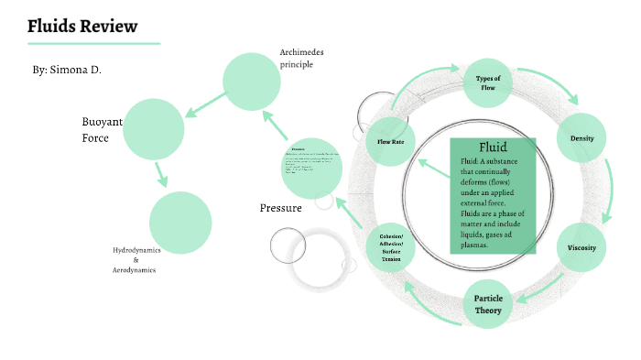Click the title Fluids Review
(82, 26)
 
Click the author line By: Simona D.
(67, 69)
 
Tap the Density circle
(582, 138)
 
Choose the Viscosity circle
(581, 247)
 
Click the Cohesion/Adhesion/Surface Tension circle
(391, 248)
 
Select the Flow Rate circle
(391, 141)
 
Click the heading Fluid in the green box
(493, 147)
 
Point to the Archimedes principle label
(302, 59)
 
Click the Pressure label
(281, 209)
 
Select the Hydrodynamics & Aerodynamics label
(135, 260)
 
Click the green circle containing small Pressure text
(312, 168)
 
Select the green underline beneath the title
(94, 43)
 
